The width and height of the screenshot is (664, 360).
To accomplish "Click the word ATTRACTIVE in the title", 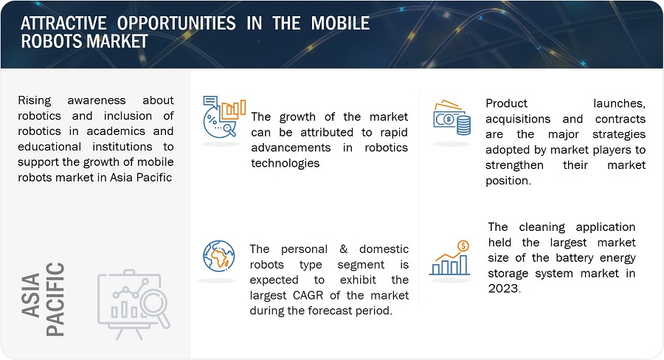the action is [x=63, y=23].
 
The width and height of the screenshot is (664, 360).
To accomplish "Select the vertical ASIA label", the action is [x=31, y=295].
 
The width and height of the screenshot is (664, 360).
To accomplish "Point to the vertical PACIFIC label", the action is [x=55, y=300].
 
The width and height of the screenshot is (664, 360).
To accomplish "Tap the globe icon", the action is [x=218, y=256].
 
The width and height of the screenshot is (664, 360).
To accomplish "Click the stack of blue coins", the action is [x=463, y=125].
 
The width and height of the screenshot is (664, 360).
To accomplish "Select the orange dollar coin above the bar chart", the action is [x=463, y=246].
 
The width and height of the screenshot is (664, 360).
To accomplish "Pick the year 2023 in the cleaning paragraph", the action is [x=503, y=288].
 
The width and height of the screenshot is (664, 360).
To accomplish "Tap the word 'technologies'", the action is [x=285, y=163].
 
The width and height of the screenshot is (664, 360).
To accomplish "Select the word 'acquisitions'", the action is [x=518, y=119].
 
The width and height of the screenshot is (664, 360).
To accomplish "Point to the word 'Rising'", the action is [x=34, y=101].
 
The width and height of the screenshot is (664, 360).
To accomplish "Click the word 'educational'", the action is [x=49, y=147].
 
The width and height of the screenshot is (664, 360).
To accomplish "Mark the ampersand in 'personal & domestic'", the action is [x=343, y=249].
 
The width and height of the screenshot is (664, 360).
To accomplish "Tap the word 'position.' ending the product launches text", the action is [x=508, y=181].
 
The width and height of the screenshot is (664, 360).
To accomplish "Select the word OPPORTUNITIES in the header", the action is [x=176, y=23].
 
